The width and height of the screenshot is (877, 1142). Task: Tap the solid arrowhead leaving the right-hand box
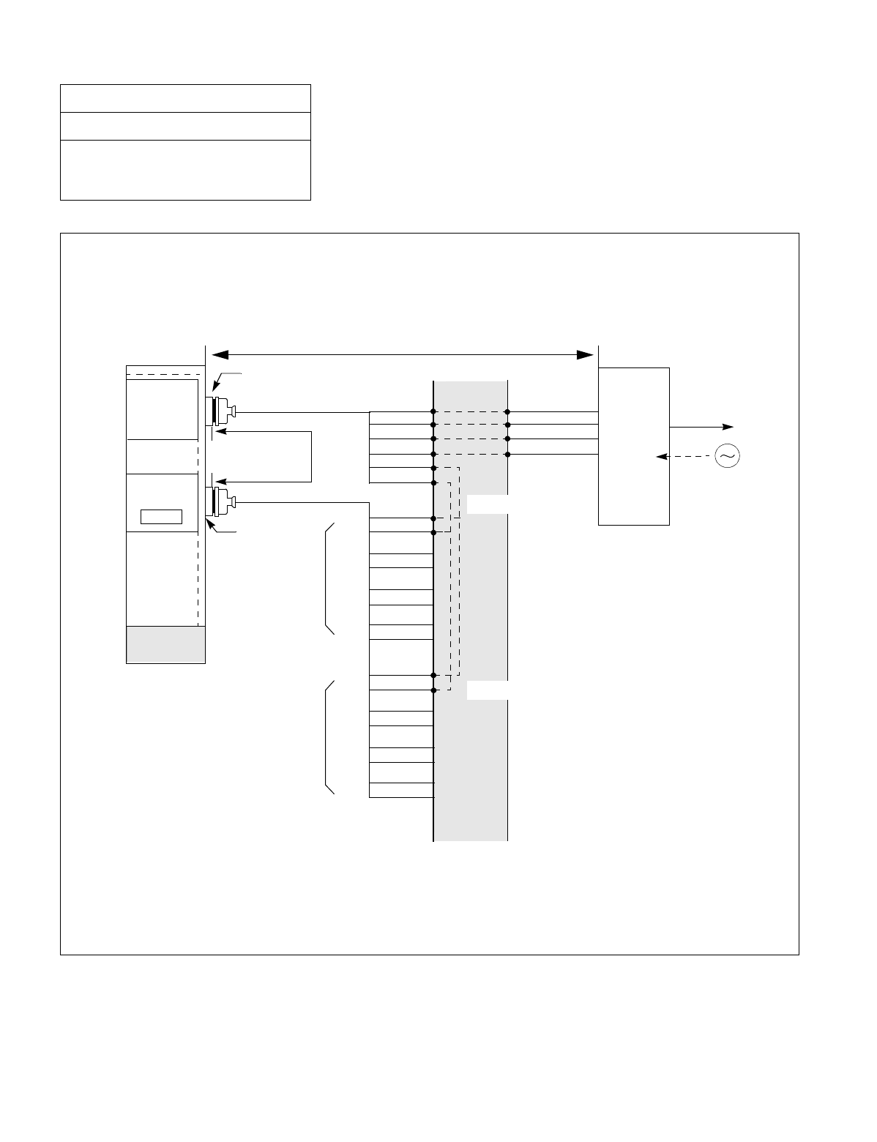(x=728, y=426)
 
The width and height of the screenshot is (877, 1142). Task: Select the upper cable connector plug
(x=221, y=411)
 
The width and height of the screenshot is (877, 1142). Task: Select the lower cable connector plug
(x=221, y=501)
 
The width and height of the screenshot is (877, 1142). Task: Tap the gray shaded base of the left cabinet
(x=165, y=644)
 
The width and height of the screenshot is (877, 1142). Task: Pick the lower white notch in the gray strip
(x=487, y=690)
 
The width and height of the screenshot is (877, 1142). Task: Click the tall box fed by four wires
(x=634, y=446)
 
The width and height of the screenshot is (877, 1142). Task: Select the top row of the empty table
(x=185, y=98)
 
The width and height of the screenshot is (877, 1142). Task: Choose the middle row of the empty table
(x=185, y=126)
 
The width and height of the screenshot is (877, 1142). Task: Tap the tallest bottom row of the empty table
(x=185, y=170)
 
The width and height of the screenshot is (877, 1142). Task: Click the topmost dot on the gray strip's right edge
(x=507, y=412)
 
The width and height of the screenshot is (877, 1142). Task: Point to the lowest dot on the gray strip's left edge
(x=434, y=690)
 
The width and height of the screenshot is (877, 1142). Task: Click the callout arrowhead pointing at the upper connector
(x=214, y=389)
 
